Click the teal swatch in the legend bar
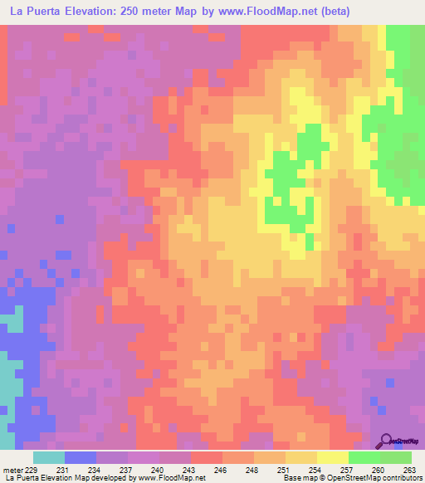[48, 457]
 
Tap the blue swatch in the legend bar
[80, 457]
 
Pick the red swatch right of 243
[207, 457]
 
